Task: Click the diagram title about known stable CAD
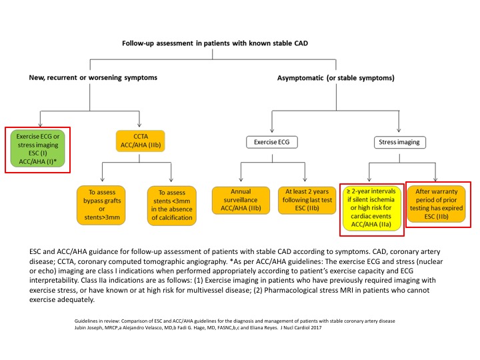click(215, 43)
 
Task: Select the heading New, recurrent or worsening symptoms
click(93, 77)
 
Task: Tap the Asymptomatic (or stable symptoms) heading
click(336, 78)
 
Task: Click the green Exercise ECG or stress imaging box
click(37, 149)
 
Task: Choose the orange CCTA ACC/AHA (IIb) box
click(141, 141)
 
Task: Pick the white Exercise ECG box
click(272, 142)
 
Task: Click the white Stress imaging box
click(399, 142)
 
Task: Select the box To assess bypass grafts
click(101, 205)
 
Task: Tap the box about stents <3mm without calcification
click(172, 205)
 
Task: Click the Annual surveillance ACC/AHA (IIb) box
click(241, 200)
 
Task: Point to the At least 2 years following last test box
click(307, 200)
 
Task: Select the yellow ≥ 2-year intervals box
click(371, 208)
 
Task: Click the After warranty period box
click(436, 204)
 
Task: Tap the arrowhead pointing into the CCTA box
click(139, 125)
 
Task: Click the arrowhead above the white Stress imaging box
click(399, 129)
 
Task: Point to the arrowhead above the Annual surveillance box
click(241, 179)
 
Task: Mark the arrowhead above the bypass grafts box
click(102, 179)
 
